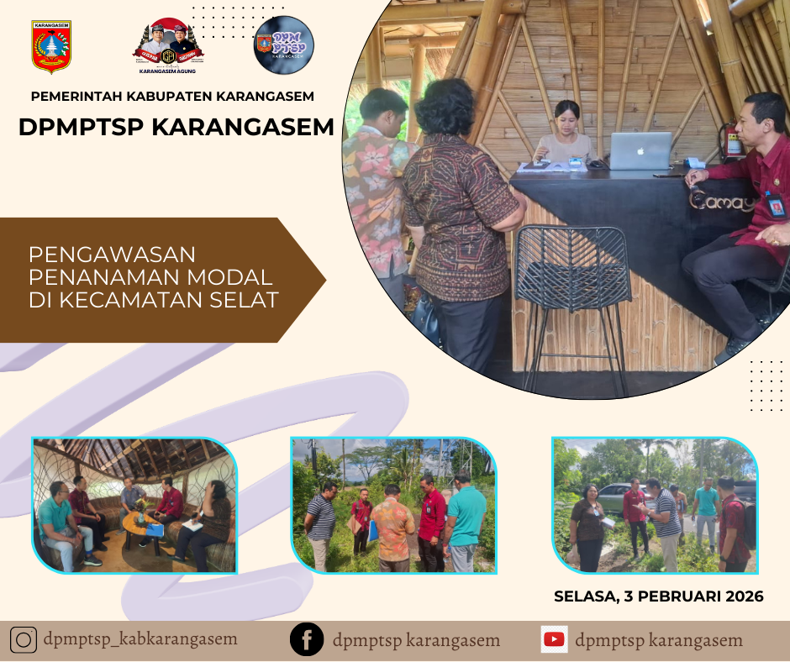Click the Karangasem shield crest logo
[51, 47]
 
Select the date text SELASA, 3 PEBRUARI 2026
[658, 596]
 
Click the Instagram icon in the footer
[24, 640]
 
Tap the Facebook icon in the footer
[307, 640]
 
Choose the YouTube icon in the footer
[554, 640]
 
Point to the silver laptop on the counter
[640, 151]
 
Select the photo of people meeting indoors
[134, 506]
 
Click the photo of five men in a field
[393, 506]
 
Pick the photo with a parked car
[655, 506]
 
